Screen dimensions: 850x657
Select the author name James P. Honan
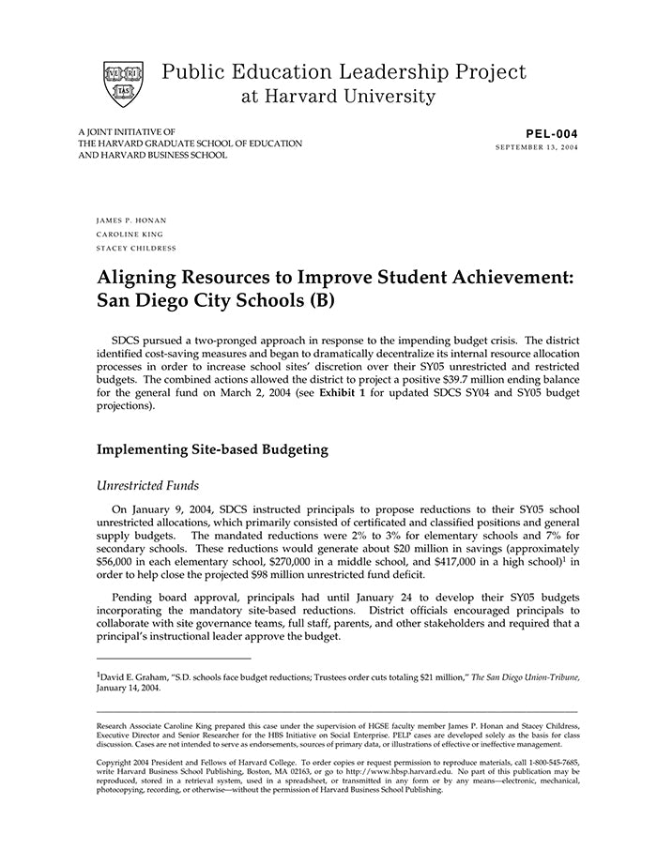pos(131,220)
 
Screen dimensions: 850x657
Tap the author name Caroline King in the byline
pos(130,234)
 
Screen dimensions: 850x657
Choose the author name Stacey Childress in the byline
pos(136,248)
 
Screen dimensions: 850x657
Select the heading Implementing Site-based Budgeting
pos(212,449)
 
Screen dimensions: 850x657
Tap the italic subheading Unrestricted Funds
pos(146,485)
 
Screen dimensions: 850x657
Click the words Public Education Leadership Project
pos(344,72)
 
